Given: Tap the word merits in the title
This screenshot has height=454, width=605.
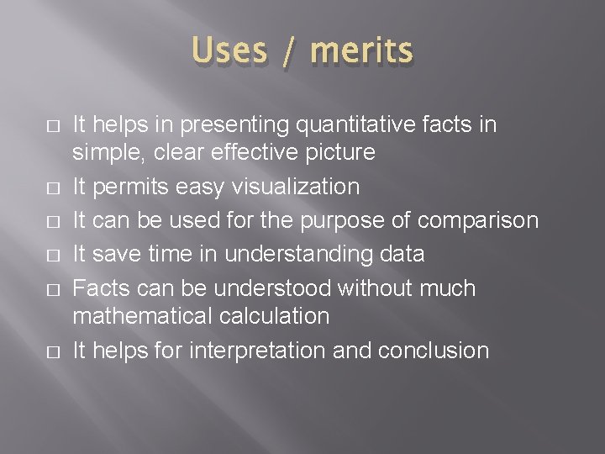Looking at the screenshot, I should click(x=361, y=52).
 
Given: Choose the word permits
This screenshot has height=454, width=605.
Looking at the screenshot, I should click(x=129, y=186).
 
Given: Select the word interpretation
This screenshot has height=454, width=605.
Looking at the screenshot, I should click(x=259, y=350).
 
